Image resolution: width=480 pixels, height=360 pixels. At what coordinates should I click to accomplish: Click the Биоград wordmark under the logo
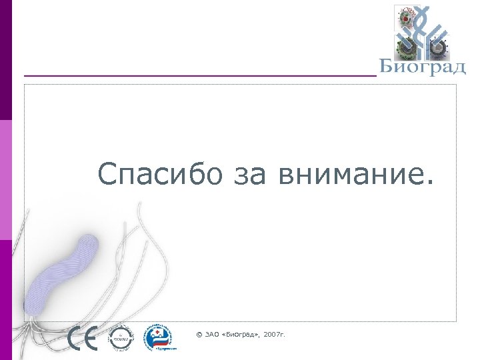click(x=422, y=67)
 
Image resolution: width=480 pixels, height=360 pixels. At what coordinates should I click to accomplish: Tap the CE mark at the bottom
click(x=83, y=339)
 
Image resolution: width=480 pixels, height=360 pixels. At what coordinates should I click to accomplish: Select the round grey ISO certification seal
click(x=121, y=339)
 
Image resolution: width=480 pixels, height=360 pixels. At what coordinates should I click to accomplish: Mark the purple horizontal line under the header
click(x=200, y=76)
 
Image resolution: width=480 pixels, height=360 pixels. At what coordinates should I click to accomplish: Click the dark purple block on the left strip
click(x=5, y=60)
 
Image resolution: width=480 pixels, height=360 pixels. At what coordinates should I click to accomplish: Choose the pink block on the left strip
click(x=5, y=180)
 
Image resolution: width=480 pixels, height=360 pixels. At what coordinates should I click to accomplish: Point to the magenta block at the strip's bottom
click(x=5, y=300)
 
